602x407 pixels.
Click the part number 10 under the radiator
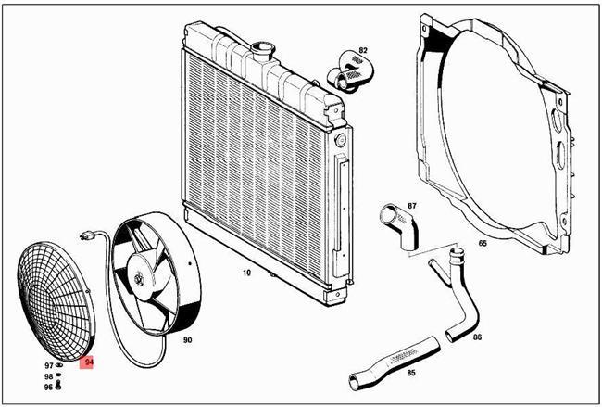[246, 273]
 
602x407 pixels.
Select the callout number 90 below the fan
[187, 340]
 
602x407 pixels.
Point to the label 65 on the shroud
[483, 244]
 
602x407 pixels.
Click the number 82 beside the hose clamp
[363, 50]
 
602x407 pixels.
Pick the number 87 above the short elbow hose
[412, 206]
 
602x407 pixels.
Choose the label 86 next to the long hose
[477, 337]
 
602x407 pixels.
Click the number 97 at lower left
[48, 366]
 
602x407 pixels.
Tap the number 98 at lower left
[48, 376]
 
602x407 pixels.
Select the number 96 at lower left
[48, 387]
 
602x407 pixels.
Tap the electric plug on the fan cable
[88, 236]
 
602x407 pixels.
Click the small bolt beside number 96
[60, 388]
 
